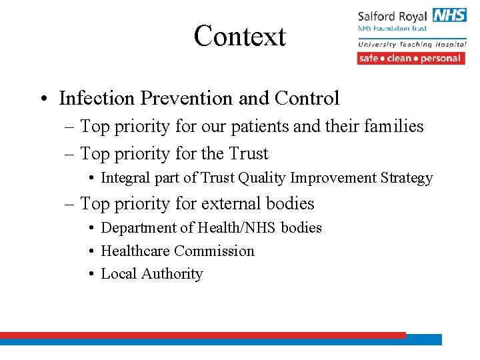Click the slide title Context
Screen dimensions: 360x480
click(239, 36)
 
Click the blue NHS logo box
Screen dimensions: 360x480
click(449, 15)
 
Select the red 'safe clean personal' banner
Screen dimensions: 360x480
click(411, 58)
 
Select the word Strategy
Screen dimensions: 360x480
click(407, 178)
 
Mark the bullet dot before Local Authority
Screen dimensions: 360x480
click(91, 274)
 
